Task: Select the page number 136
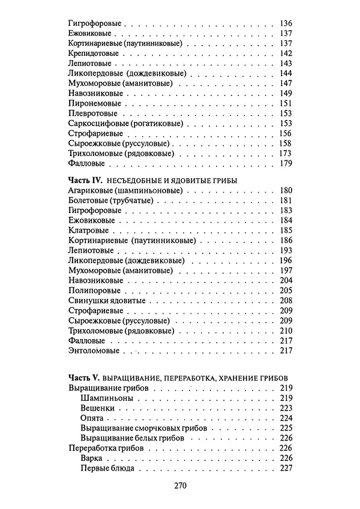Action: pos(285,23)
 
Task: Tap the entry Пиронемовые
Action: pos(91,103)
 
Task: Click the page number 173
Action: pos(285,153)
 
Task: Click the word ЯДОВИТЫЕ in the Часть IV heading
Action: pos(192,181)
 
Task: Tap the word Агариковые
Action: pos(91,190)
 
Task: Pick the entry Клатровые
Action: pos(88,230)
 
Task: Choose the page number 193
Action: pos(285,250)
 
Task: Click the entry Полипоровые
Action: pos(92,291)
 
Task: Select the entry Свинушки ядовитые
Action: pos(103,300)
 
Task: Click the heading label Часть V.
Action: pos(84,379)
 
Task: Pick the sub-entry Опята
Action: pos(91,418)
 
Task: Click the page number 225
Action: pos(285,429)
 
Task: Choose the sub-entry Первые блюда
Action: pos(106,468)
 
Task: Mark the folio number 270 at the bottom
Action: pos(180,487)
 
